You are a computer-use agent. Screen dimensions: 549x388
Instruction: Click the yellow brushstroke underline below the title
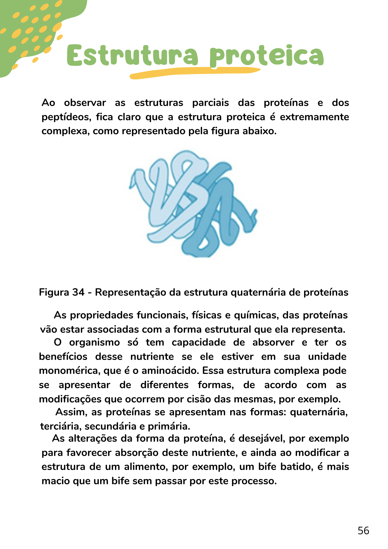coord(195,72)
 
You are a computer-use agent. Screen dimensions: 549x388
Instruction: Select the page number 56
coord(363,531)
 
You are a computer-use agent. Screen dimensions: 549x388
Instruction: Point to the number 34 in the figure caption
coord(78,292)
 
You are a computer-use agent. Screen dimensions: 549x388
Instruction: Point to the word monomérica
coord(69,371)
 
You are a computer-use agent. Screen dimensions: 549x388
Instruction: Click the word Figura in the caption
coord(54,292)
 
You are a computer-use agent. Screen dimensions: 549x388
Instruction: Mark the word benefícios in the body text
coord(63,357)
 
